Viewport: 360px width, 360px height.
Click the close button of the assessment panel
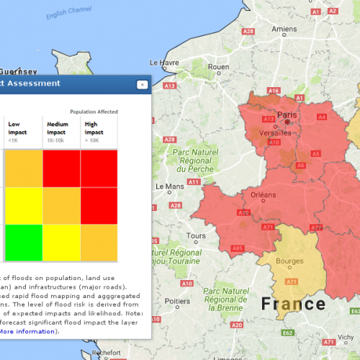(x=143, y=84)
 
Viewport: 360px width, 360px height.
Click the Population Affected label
(x=93, y=112)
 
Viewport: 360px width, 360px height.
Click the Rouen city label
(x=218, y=67)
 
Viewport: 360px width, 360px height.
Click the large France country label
(x=294, y=303)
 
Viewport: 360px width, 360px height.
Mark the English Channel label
(x=69, y=14)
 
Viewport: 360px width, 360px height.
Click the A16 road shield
(x=274, y=91)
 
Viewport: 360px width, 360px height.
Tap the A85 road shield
(x=217, y=248)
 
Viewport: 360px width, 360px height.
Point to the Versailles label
(x=274, y=133)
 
